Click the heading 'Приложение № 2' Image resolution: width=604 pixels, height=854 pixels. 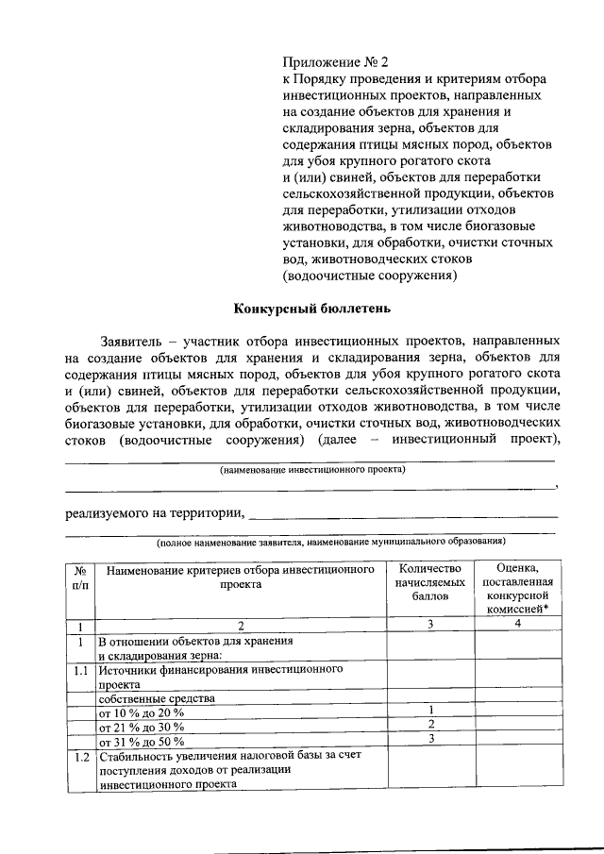click(337, 62)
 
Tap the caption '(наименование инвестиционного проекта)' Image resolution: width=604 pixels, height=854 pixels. click(311, 469)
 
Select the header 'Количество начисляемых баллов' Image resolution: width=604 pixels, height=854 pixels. click(430, 582)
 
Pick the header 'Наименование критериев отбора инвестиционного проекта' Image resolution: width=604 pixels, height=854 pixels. click(241, 577)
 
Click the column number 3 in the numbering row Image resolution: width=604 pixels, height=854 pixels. click(430, 625)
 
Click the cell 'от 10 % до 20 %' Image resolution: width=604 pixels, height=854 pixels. click(142, 712)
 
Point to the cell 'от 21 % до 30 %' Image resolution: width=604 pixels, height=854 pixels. click(142, 727)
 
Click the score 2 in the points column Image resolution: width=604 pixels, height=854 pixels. click(430, 725)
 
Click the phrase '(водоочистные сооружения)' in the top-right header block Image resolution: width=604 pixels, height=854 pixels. click(370, 276)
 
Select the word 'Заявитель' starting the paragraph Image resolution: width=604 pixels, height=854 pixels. click(132, 340)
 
